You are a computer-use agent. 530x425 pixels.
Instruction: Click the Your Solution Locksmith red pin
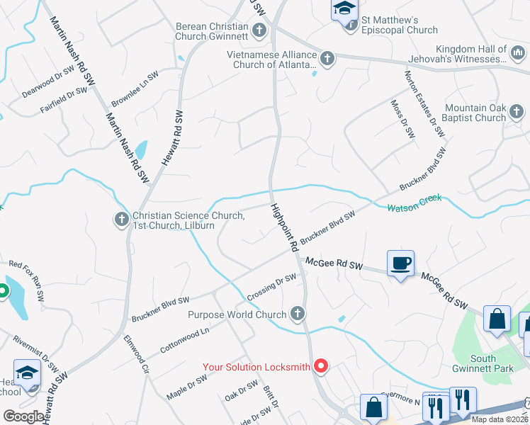(322, 365)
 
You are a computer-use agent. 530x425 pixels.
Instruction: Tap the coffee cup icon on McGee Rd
(400, 263)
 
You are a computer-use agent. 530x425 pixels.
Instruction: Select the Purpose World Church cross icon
(298, 314)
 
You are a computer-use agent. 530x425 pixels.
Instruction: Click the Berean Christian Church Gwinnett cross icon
(259, 30)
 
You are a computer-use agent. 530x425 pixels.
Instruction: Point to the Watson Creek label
(415, 203)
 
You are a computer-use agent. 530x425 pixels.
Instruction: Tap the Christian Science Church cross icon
(121, 220)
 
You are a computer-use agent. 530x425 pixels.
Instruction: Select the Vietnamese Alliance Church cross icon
(327, 59)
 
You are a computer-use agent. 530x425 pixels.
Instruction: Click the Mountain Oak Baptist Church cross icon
(517, 112)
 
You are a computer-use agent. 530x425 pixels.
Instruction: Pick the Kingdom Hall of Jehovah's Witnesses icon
(517, 52)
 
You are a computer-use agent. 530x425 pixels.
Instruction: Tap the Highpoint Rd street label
(283, 229)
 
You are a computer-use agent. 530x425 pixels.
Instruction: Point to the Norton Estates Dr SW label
(424, 103)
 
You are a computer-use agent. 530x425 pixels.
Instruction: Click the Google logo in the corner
(23, 416)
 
